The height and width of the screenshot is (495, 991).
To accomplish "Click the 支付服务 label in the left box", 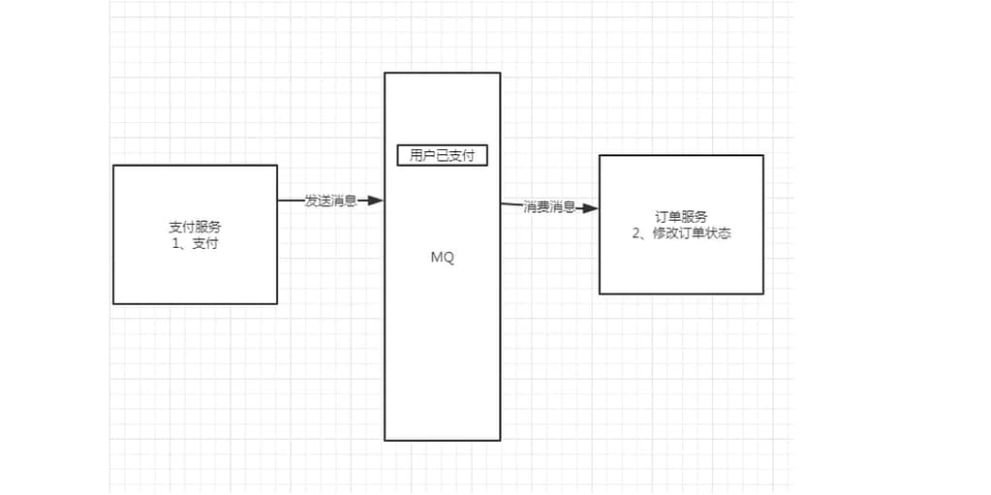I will click(x=195, y=227).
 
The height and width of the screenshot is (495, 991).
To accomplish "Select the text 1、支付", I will click(x=195, y=243).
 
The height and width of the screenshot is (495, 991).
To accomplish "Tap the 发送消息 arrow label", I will click(x=330, y=201).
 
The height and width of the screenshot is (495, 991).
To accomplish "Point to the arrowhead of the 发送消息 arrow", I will click(x=377, y=201).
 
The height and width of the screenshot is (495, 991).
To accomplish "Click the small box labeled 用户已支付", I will click(x=442, y=155).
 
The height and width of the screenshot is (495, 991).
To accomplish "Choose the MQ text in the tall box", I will click(x=442, y=259).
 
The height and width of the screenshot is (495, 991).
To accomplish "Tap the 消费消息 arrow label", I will click(x=549, y=206).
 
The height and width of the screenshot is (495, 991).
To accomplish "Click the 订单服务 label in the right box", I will click(x=681, y=217).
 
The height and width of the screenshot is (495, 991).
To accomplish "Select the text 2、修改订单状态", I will click(x=681, y=233).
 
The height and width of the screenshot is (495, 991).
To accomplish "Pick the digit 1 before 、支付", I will click(x=173, y=243).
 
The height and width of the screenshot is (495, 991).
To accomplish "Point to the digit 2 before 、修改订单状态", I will click(x=636, y=233).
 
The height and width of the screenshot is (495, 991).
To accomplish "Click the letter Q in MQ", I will click(x=448, y=259).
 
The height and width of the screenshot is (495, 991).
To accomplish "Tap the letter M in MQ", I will click(x=436, y=259).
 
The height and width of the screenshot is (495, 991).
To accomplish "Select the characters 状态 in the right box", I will click(x=718, y=233).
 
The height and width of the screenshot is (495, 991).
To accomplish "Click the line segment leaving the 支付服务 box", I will click(x=291, y=201).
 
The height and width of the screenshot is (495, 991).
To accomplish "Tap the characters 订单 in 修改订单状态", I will click(x=693, y=233).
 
